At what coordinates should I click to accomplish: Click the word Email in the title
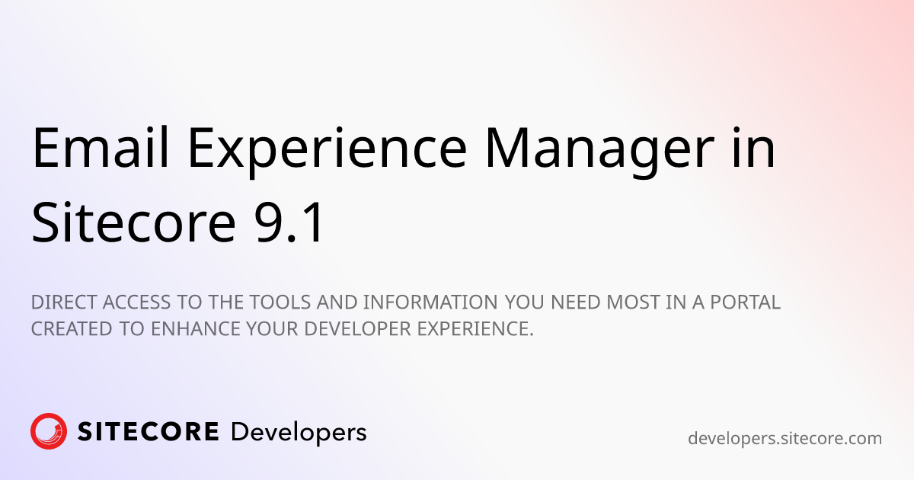(x=101, y=147)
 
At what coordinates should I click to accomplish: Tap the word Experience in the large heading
(x=328, y=152)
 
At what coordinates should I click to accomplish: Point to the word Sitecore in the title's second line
(x=134, y=222)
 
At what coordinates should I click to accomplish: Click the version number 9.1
(x=289, y=222)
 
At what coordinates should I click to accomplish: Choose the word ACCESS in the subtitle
(x=136, y=302)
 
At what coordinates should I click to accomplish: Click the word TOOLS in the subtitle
(x=280, y=302)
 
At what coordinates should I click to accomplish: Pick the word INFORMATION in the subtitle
(x=430, y=302)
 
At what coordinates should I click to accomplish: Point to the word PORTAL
(x=745, y=302)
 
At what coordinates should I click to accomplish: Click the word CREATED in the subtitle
(x=72, y=329)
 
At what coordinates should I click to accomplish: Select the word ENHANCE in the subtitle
(x=196, y=329)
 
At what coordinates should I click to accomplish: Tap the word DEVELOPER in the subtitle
(x=357, y=329)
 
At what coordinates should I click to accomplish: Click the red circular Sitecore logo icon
(x=49, y=431)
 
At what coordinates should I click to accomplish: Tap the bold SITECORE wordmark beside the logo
(x=148, y=432)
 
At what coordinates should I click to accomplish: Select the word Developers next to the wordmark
(x=299, y=434)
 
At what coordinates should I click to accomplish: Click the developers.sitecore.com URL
(x=785, y=439)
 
